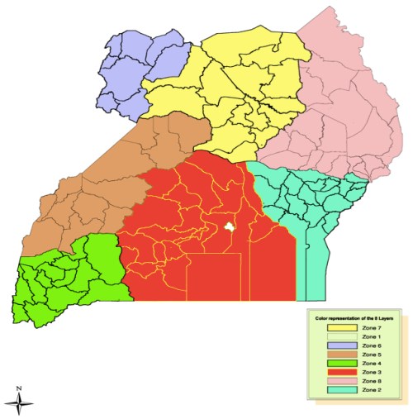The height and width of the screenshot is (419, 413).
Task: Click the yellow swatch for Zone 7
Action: click(x=334, y=328)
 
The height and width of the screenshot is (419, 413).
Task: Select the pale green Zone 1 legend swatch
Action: click(x=334, y=337)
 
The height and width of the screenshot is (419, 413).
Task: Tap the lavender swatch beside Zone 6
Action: click(x=334, y=346)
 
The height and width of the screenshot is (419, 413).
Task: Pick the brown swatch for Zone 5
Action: click(x=334, y=355)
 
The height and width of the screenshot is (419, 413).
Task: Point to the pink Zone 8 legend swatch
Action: click(x=334, y=382)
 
